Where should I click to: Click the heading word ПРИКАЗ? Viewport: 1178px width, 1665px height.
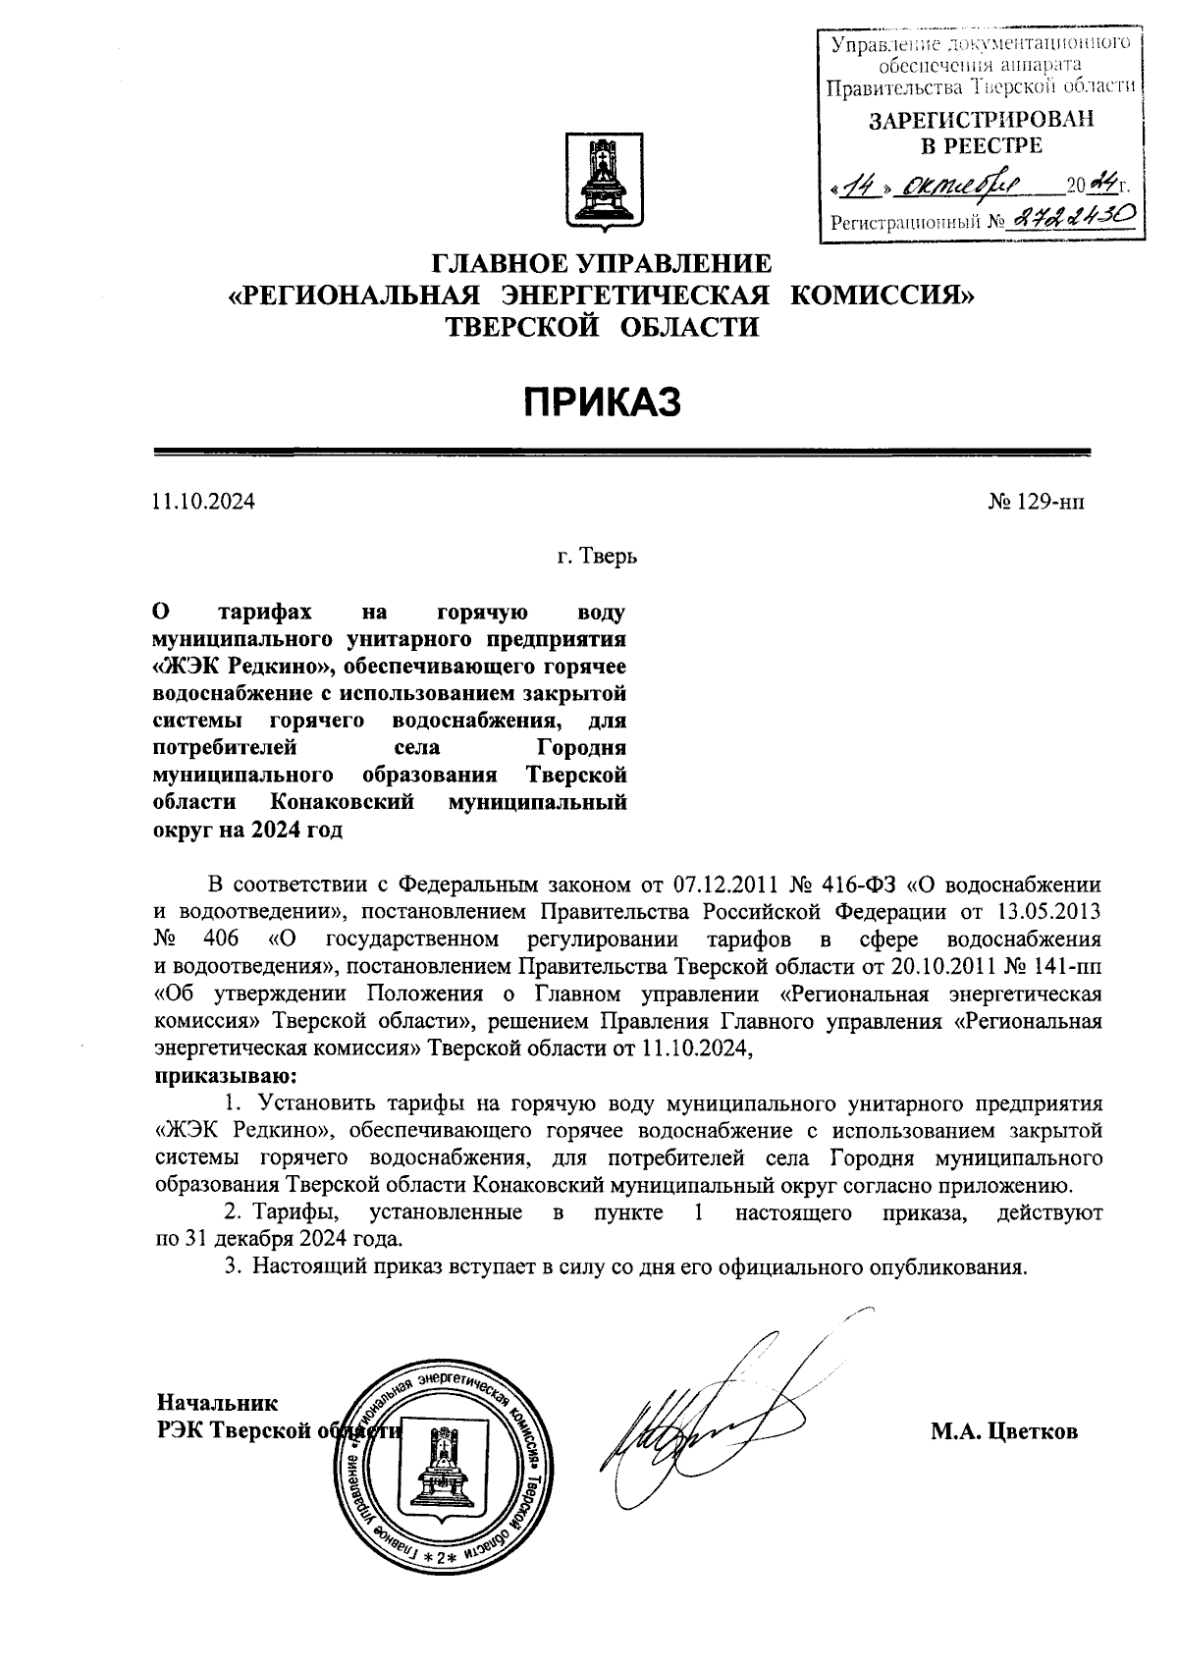[x=600, y=402]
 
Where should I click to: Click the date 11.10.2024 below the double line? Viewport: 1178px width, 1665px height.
[x=202, y=502]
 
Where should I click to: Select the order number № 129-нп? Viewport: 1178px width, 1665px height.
[x=1036, y=502]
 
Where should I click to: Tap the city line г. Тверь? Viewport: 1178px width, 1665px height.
[x=598, y=558]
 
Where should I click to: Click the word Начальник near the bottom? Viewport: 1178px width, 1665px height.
[x=217, y=1403]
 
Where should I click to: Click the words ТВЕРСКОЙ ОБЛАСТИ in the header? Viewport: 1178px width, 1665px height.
[x=603, y=326]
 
